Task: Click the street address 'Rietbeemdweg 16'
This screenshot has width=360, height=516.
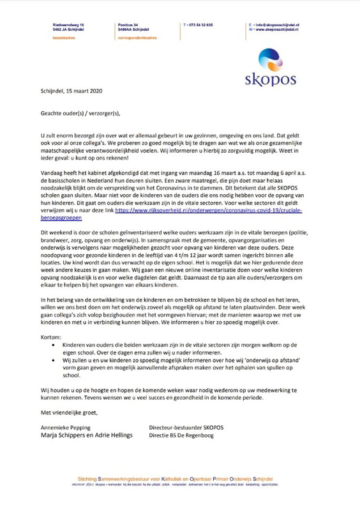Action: tap(68, 24)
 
